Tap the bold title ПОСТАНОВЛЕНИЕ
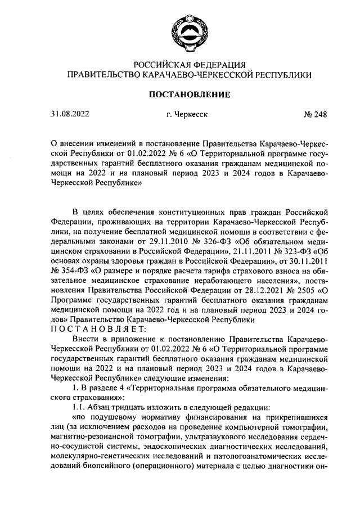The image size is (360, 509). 189,94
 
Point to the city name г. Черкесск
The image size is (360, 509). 187,115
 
